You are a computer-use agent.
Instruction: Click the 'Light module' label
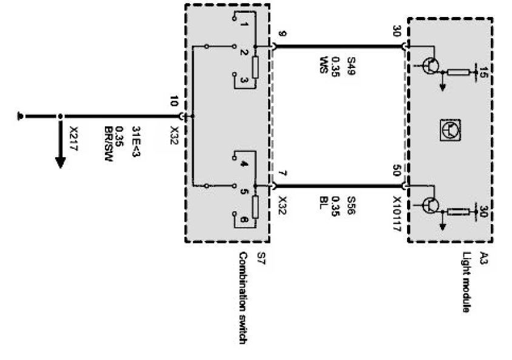click(x=467, y=282)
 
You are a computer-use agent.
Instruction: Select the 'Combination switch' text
click(x=243, y=297)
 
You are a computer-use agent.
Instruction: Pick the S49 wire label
click(x=350, y=66)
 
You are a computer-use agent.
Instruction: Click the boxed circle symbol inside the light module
click(x=450, y=129)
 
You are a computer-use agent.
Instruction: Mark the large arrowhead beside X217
click(x=60, y=161)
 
